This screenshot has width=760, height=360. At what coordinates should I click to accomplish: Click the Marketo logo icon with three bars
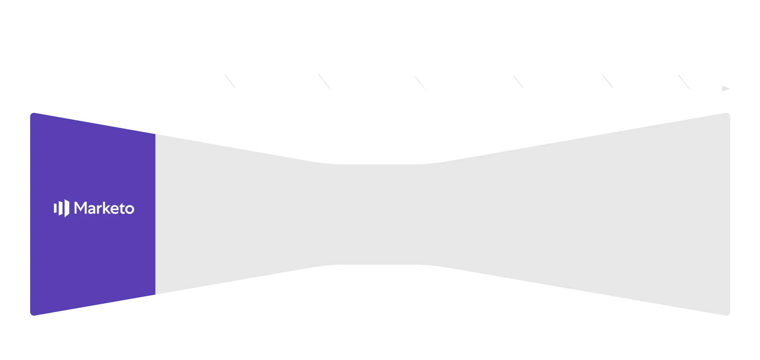[61, 208]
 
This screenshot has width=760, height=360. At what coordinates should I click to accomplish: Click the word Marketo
[104, 208]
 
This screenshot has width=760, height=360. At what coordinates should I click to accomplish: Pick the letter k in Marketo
[107, 208]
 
